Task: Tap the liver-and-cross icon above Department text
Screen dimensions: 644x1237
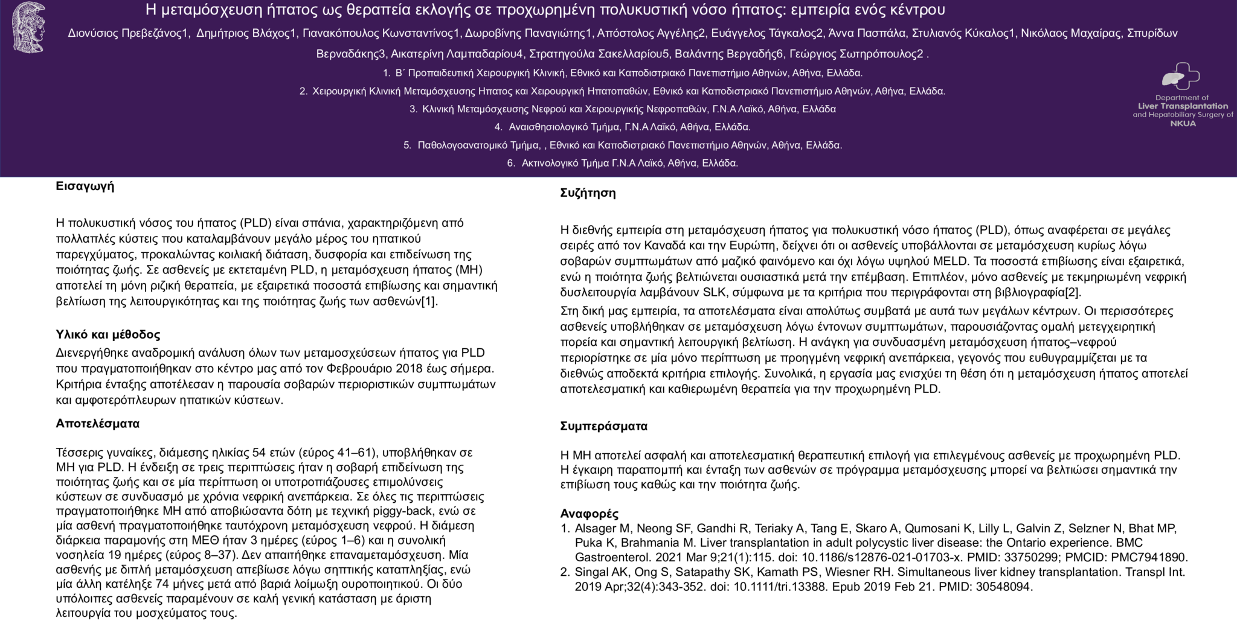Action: [x=1180, y=77]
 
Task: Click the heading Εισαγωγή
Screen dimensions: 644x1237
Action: [x=85, y=186]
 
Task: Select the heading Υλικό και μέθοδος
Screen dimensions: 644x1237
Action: [x=108, y=334]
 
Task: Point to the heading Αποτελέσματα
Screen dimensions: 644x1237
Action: [x=97, y=424]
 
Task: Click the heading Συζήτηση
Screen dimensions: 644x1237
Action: [x=588, y=193]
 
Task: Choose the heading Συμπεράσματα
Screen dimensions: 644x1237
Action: [x=603, y=426]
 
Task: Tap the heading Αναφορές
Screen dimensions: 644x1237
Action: [x=589, y=514]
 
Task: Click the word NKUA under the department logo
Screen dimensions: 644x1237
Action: [x=1183, y=123]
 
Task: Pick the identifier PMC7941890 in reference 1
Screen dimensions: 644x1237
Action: [x=1154, y=557]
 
